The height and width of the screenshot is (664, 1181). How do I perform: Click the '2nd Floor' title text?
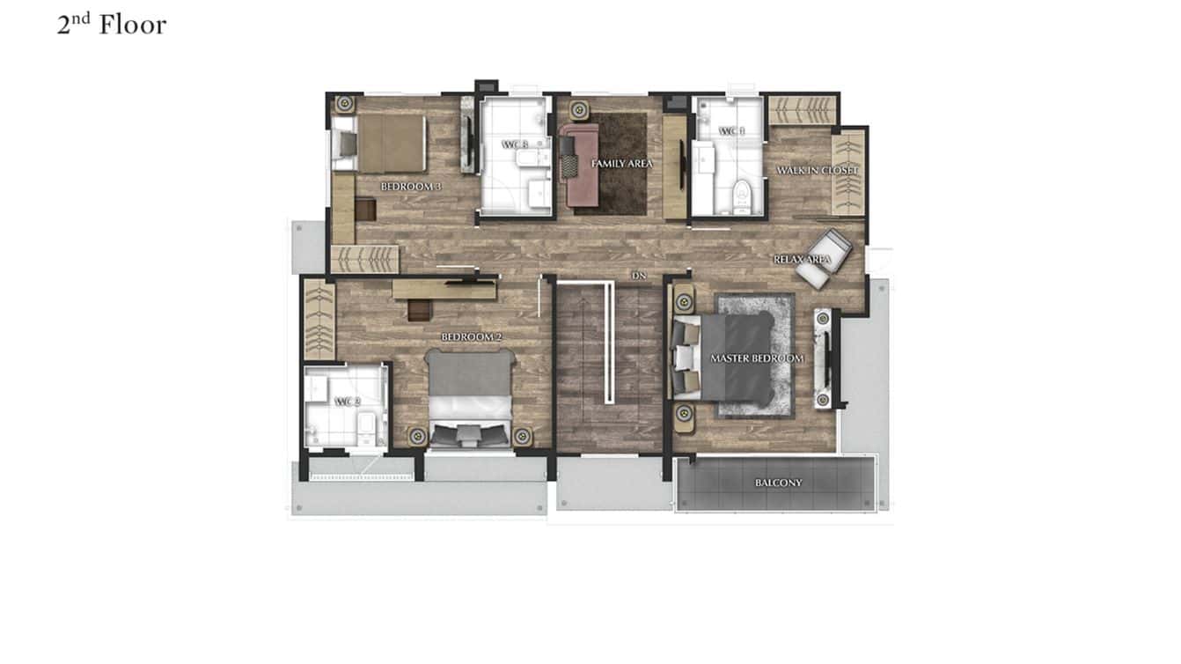point(112,26)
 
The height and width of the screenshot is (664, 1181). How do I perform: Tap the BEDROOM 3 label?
point(411,187)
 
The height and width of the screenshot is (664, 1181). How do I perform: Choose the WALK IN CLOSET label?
point(817,170)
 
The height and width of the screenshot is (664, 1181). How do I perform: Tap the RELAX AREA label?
point(803,260)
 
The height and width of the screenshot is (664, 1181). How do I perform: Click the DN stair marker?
point(639,276)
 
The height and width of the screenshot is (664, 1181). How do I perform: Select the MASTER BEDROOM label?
point(757,358)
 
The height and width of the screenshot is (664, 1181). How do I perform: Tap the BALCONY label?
point(779,483)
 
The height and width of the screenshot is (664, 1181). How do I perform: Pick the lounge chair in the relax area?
point(825,256)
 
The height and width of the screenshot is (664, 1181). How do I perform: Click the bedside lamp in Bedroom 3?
point(344,103)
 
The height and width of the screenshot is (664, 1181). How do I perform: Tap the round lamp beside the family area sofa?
point(579,110)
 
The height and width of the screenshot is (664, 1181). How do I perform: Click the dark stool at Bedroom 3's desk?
point(366,210)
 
